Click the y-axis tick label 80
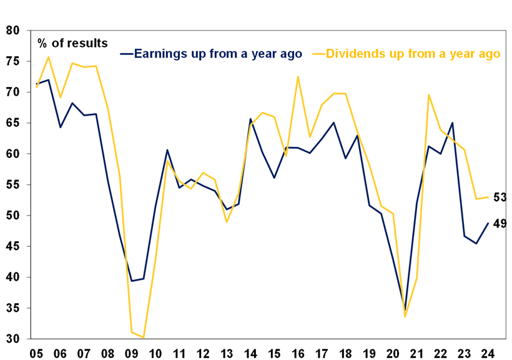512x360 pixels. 13,31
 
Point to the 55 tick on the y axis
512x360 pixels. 13,185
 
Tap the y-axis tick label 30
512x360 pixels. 13,339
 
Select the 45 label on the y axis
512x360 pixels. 13,247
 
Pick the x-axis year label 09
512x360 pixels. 132,352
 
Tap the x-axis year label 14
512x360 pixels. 250,352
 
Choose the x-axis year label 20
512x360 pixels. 394,352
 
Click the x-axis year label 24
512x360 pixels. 488,352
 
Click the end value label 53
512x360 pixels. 500,197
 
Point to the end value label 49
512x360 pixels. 500,223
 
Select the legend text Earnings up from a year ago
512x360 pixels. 218,54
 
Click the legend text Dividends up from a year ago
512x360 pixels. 413,54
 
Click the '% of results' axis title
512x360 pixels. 72,43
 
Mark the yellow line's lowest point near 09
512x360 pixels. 144,337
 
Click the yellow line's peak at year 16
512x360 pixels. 298,77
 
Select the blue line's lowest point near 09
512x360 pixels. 132,281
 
